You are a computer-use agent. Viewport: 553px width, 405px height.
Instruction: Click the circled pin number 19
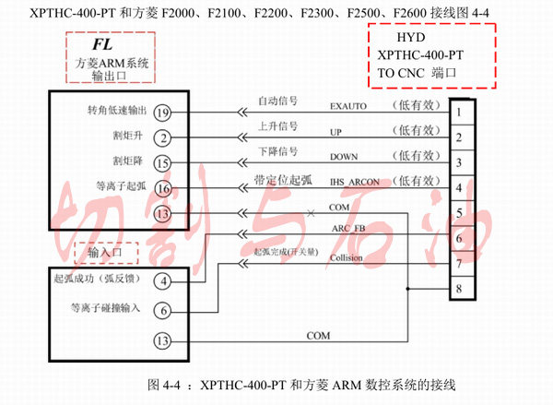click(162, 112)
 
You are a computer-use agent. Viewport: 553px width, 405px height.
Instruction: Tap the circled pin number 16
click(162, 189)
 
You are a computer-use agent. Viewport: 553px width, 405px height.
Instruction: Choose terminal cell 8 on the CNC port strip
click(458, 291)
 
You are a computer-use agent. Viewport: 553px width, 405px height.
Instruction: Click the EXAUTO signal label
click(348, 107)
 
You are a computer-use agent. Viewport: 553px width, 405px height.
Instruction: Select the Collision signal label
click(347, 258)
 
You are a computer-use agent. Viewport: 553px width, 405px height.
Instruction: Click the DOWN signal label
click(344, 158)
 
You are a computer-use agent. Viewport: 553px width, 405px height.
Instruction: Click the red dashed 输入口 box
click(106, 251)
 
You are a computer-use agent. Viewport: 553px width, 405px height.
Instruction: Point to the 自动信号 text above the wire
click(276, 99)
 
